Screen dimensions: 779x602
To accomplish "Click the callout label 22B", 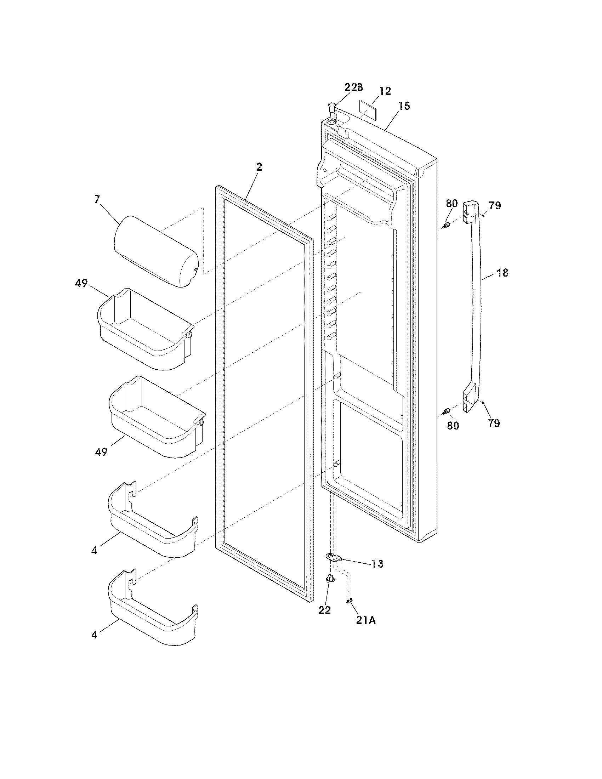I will coord(353,87).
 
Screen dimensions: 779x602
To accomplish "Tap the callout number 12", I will coord(385,91).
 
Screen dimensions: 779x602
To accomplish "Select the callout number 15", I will coord(404,106).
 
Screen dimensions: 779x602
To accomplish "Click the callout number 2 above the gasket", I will coord(259,167).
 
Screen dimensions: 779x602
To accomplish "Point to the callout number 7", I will coord(97,199).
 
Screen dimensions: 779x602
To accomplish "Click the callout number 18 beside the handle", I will coord(502,273).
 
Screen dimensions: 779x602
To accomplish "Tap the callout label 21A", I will coord(366,621).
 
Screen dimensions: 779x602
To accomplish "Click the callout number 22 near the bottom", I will coord(324,610).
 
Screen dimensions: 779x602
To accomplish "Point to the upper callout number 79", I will coord(495,205).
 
